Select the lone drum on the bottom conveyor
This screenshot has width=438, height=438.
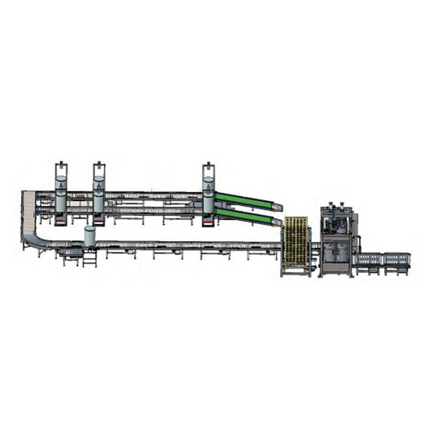tap(89, 236)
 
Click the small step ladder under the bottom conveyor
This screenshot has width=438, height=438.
tap(89, 258)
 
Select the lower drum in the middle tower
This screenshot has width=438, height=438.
tap(99, 202)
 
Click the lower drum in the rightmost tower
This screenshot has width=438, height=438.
tap(208, 202)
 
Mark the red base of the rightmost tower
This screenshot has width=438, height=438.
tap(208, 220)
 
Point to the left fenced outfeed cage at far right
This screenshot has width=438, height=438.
tap(369, 259)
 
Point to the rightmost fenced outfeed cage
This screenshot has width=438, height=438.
tap(397, 259)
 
